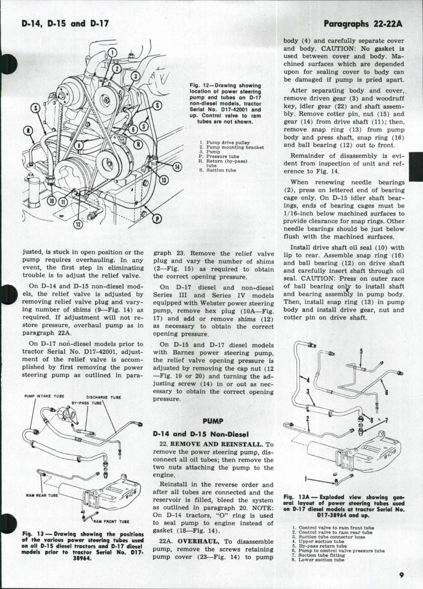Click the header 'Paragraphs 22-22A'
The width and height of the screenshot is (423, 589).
tap(362, 24)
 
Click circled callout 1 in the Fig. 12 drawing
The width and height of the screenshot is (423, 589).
tap(111, 53)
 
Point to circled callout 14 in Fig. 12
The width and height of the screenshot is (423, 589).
tap(177, 166)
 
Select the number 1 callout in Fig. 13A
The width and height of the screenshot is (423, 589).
tap(306, 478)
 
